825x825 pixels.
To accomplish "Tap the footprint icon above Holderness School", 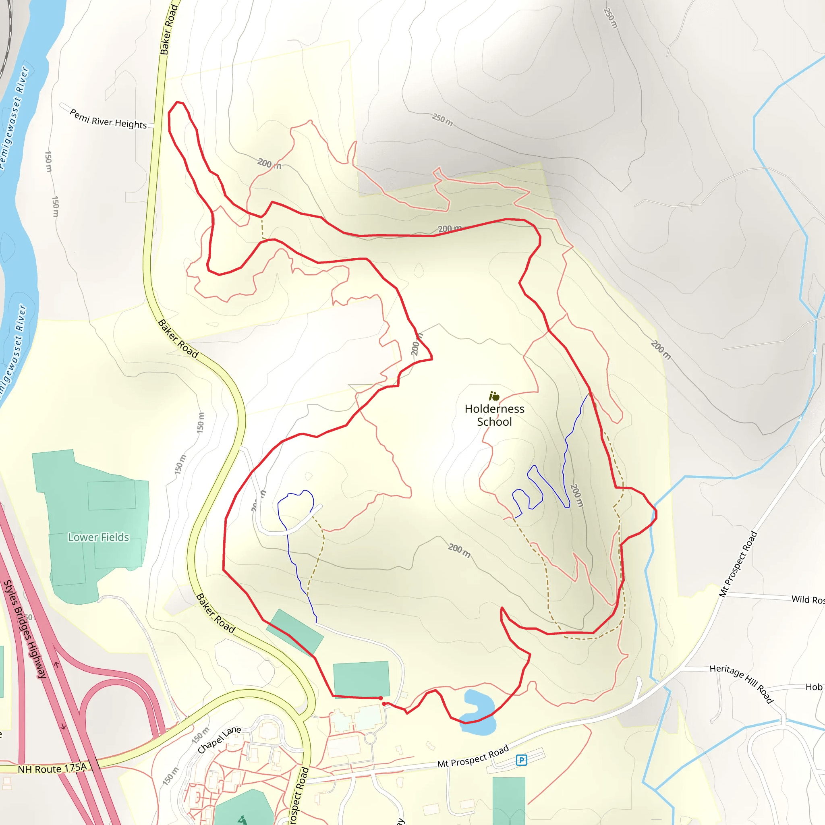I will coord(494,396).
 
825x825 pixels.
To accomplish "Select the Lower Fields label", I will coord(98,537).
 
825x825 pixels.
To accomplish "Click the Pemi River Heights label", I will coord(108,119).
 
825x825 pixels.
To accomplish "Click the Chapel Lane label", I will coord(219,740).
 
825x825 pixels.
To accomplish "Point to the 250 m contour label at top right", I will coord(611,19).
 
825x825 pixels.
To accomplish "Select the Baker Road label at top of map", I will coord(169,30).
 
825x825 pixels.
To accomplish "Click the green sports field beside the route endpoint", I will coord(361,678).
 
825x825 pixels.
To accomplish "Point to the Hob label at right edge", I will coord(813,687).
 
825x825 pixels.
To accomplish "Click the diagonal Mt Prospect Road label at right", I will coord(738,564).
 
